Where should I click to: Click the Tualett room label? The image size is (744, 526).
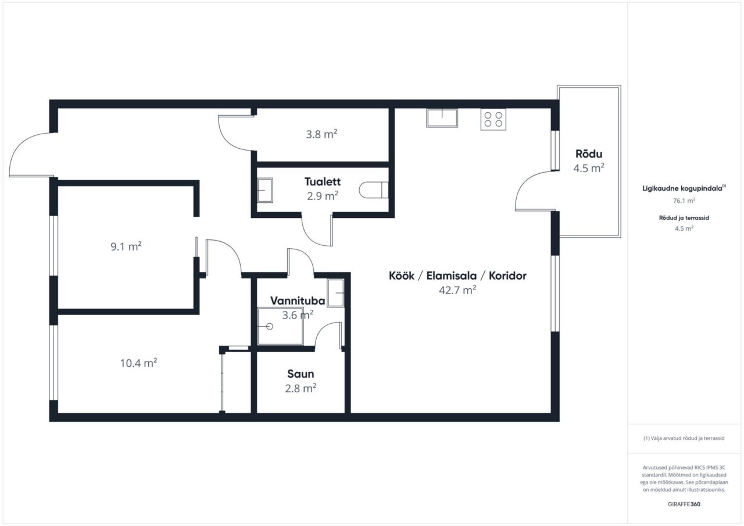click(x=323, y=182)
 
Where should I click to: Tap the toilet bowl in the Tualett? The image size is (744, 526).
click(x=374, y=190)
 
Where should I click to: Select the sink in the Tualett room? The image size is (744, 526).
click(x=265, y=190)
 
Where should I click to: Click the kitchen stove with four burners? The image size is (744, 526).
click(x=493, y=119)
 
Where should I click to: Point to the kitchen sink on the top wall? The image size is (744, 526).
click(x=442, y=118)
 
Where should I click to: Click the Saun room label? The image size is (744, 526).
click(x=301, y=374)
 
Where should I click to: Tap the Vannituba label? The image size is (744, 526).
click(x=298, y=300)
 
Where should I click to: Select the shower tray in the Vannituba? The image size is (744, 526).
click(x=281, y=327)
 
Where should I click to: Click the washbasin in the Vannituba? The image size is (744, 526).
click(x=335, y=293)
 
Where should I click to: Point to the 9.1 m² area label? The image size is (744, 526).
click(x=126, y=246)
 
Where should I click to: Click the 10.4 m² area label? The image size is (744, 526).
click(x=138, y=363)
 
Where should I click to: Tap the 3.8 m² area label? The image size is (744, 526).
click(x=321, y=134)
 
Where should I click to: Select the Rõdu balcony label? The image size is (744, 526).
click(x=589, y=154)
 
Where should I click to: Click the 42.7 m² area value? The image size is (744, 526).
click(x=457, y=290)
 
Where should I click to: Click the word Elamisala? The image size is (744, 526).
click(x=452, y=275)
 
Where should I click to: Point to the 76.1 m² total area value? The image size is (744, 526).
click(x=684, y=201)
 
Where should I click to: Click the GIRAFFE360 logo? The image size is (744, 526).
click(x=684, y=504)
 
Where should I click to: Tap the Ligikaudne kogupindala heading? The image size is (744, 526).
click(x=684, y=188)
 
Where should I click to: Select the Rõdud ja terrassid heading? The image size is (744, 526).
click(x=684, y=218)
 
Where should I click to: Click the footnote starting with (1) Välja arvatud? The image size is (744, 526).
click(x=684, y=438)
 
